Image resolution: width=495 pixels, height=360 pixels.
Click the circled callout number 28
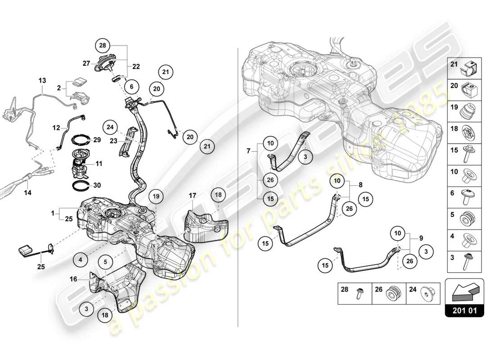[103, 45]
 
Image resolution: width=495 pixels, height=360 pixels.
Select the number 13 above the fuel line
[42, 80]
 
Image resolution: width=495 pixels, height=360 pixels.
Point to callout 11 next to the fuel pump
[99, 164]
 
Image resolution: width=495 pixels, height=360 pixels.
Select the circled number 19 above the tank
[156, 196]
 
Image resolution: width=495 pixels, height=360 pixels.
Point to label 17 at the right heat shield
[192, 196]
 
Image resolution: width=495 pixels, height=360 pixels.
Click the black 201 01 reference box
[465, 310]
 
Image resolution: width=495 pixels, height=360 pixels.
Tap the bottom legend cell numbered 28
[355, 293]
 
